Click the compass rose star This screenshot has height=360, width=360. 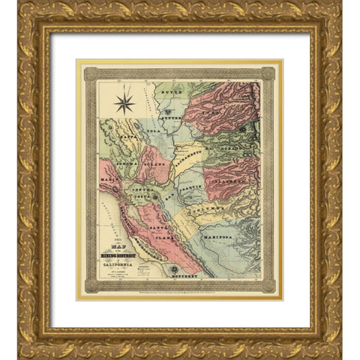pyautogui.click(x=124, y=100)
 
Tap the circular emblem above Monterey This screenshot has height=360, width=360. pyautogui.click(x=173, y=269)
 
